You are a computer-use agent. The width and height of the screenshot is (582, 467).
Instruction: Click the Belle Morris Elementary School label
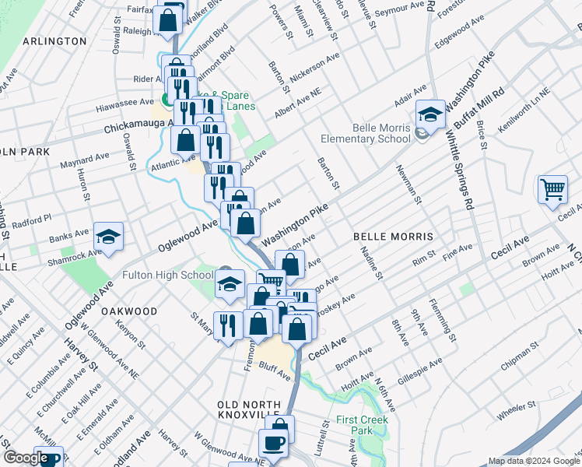pos(366,133)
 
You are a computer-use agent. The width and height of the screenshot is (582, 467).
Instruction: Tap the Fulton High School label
pos(167,275)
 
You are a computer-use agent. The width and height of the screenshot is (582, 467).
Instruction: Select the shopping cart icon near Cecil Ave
pos(552,189)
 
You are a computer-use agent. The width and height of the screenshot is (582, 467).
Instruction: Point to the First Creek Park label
pos(361,425)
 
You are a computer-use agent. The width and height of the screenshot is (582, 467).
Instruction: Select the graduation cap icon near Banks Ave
pos(109,237)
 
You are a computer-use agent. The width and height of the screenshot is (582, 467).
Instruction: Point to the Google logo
pos(25,458)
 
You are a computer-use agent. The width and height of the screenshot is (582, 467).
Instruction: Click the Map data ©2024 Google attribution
pos(533,461)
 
